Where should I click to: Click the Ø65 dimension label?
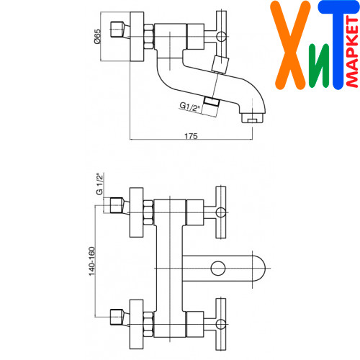tap(97, 36)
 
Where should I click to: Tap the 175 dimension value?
tap(191, 136)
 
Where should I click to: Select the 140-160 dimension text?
tap(92, 261)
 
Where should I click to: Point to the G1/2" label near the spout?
tap(190, 107)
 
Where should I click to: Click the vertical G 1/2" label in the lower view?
tap(99, 184)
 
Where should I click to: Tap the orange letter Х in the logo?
tap(290, 45)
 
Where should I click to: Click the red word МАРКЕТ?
tap(352, 52)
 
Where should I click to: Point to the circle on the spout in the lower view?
tap(218, 268)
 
